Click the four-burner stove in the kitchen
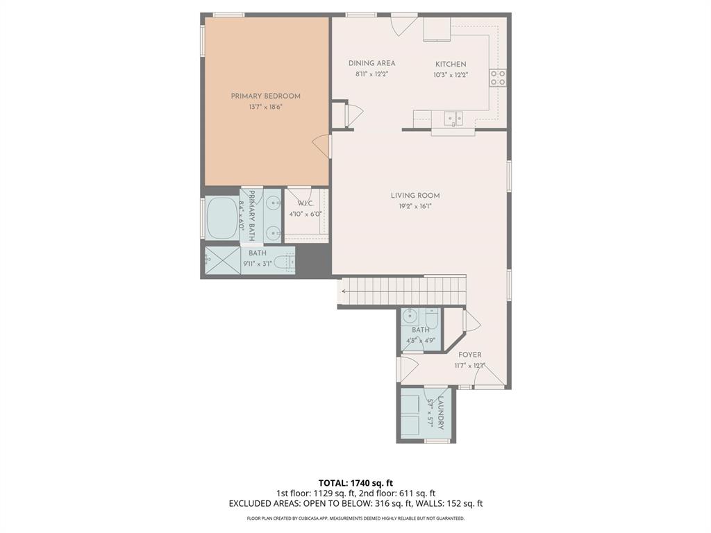(498, 78)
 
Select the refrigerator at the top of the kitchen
(437, 29)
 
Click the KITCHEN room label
(451, 65)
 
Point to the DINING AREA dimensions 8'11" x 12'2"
(371, 74)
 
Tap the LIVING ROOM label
(415, 196)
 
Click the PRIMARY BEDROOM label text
(265, 96)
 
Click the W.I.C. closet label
(306, 203)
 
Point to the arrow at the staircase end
(344, 291)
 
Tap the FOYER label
(469, 355)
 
